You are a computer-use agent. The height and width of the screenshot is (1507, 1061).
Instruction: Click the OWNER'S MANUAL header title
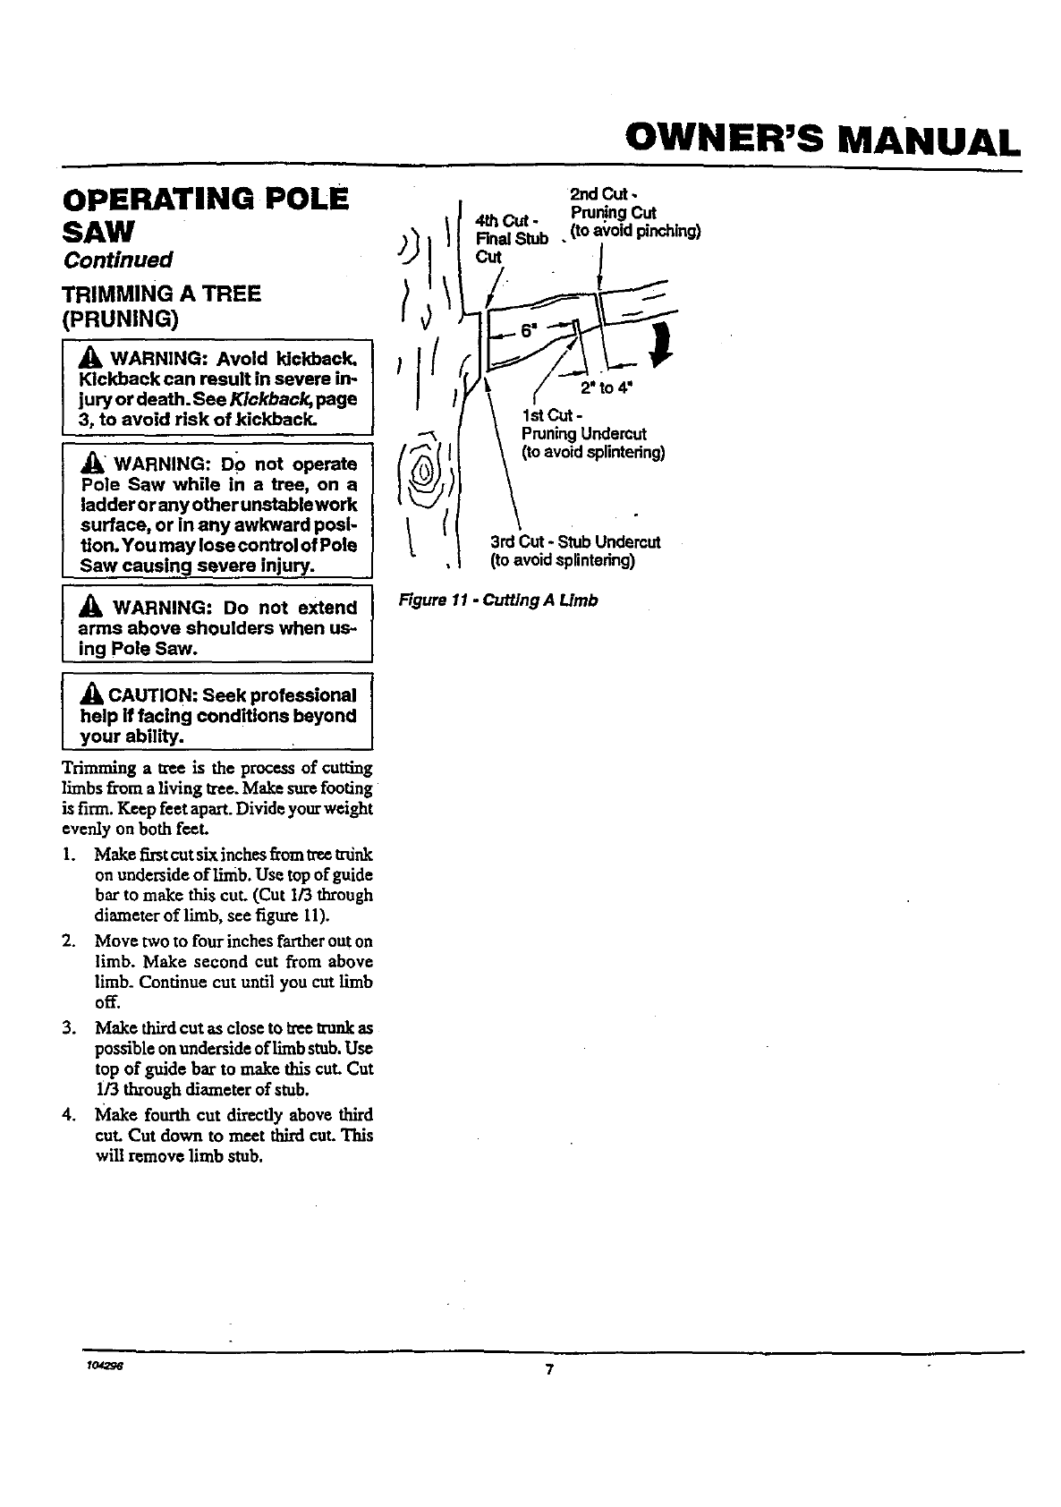(x=822, y=140)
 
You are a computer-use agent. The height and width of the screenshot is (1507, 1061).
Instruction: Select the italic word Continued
(x=116, y=260)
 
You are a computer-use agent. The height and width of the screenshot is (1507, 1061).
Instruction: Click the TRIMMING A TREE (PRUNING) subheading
(x=161, y=306)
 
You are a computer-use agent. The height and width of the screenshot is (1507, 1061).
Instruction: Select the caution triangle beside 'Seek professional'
(x=89, y=695)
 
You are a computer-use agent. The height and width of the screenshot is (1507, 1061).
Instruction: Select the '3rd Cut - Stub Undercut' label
(x=575, y=542)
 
